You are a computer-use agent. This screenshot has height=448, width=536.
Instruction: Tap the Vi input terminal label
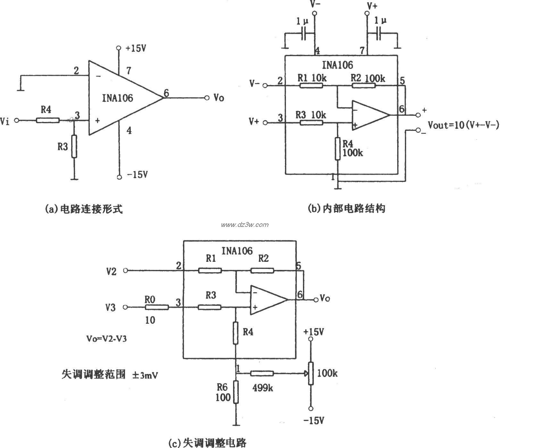[5, 121]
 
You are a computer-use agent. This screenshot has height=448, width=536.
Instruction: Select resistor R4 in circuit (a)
[47, 120]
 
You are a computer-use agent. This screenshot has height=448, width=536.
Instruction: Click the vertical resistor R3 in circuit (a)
[74, 146]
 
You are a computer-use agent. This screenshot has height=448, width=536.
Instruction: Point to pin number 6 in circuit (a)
[166, 93]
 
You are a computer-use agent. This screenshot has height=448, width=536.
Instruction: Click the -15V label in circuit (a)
[137, 175]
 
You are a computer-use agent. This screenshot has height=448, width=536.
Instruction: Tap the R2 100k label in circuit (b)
[368, 78]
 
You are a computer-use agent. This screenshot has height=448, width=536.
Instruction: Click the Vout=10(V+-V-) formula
[464, 125]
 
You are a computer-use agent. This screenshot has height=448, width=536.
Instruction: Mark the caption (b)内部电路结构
[346, 209]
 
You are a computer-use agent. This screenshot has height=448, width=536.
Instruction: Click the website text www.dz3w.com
[245, 225]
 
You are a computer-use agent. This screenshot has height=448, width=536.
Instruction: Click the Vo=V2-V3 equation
[106, 339]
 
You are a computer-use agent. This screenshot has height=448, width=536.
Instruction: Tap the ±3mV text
[146, 375]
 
